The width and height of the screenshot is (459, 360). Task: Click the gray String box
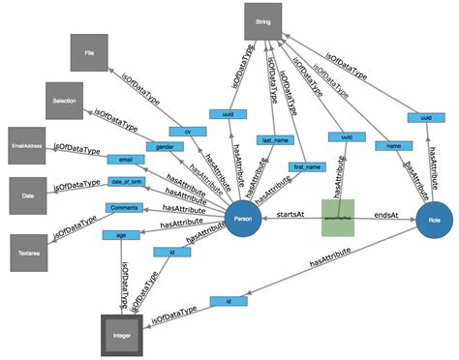pos(261,19)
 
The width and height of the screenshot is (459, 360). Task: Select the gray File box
pos(88,54)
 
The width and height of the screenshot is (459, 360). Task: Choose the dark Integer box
pos(123,334)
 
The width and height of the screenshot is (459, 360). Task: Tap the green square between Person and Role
pos(339,219)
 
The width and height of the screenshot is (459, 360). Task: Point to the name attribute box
pos(392,145)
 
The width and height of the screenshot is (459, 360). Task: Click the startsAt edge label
pos(292,213)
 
